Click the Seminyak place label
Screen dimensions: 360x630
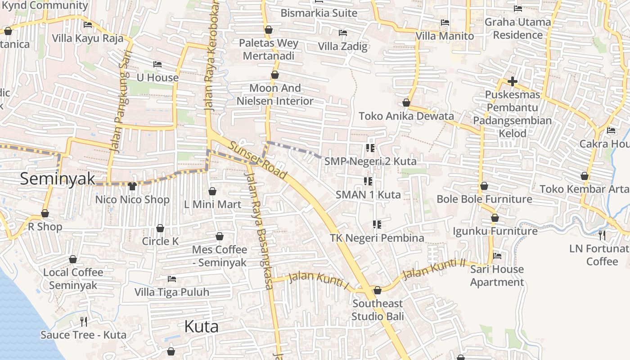58,179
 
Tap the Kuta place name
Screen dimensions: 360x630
201,327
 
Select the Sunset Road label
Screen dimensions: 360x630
257,160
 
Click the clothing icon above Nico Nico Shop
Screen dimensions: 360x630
132,186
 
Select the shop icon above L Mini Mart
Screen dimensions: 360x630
212,191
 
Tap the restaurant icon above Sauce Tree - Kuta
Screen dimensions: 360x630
83,321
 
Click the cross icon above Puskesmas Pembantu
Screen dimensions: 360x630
512,81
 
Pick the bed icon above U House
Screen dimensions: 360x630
157,64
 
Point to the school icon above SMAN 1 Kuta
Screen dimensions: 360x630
368,181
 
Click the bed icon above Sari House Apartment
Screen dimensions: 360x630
497,256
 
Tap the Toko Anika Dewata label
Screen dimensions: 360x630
406,116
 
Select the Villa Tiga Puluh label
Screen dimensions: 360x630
172,292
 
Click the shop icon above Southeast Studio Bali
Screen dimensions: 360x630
377,290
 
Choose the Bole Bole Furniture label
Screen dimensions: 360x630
484,199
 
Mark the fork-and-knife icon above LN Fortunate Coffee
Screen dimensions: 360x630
602,235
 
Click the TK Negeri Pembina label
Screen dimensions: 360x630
377,238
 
